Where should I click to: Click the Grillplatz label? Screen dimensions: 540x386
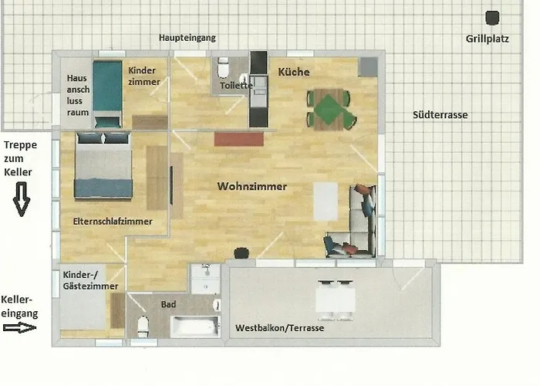click(488, 39)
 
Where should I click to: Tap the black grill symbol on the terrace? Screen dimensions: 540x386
click(492, 18)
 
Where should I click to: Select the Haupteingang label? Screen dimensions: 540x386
click(187, 38)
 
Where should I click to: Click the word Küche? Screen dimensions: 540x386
click(294, 72)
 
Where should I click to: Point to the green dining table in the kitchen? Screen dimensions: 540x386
click(330, 110)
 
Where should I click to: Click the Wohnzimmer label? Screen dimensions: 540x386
click(252, 187)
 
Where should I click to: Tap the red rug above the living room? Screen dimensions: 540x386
click(238, 139)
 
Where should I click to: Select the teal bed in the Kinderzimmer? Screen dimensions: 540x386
click(107, 93)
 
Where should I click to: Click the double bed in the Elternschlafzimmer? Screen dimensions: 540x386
click(103, 166)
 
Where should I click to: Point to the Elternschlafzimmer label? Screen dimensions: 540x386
click(113, 222)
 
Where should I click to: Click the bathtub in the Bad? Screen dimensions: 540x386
click(195, 327)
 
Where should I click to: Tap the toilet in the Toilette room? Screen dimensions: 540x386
click(223, 68)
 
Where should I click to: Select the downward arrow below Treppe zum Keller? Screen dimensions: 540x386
click(22, 199)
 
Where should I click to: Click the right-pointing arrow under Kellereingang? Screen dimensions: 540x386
click(19, 327)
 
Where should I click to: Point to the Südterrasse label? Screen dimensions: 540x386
click(440, 115)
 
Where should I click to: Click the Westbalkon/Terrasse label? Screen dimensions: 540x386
click(279, 328)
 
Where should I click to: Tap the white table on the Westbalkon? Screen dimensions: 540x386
click(336, 300)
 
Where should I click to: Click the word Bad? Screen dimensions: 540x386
click(168, 304)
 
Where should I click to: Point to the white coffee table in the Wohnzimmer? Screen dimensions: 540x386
click(326, 201)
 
